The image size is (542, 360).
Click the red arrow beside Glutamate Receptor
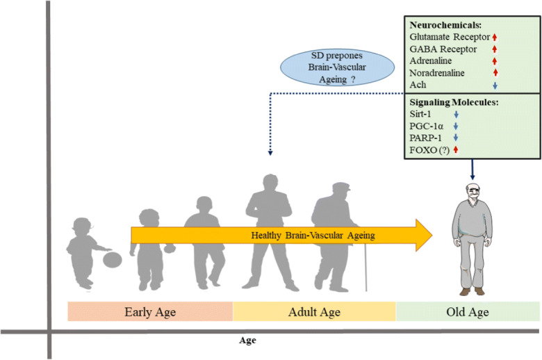[x=495, y=37]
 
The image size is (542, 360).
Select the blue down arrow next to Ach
[x=495, y=85]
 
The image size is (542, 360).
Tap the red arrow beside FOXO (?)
[x=456, y=149]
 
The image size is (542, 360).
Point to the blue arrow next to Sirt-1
[x=457, y=114]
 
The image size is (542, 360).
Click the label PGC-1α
[x=426, y=126]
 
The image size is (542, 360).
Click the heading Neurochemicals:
[x=445, y=25]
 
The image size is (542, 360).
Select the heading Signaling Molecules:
[x=454, y=102]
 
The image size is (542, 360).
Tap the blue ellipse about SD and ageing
[x=337, y=67]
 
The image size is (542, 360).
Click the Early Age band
[x=150, y=311]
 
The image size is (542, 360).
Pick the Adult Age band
[x=314, y=311]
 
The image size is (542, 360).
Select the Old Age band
[x=468, y=311]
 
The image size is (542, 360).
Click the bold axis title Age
[x=247, y=341]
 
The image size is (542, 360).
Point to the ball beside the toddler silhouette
[x=113, y=260]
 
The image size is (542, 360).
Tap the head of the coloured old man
[x=473, y=193]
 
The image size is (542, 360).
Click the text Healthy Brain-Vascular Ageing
[x=313, y=236]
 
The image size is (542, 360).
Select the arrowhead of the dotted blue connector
[x=270, y=153]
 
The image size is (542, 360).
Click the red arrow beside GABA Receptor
[x=495, y=49]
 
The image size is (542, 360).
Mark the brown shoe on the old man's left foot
[x=479, y=291]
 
